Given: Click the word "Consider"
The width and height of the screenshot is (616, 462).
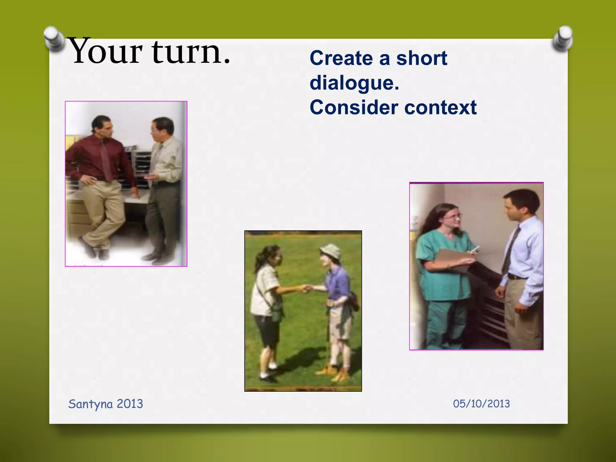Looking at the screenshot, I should [x=354, y=107].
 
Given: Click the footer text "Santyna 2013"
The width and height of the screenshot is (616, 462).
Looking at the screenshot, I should [x=106, y=404].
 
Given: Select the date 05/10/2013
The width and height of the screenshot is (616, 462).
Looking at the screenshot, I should [x=481, y=404].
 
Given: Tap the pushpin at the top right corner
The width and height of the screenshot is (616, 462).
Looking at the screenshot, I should [x=562, y=38].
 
